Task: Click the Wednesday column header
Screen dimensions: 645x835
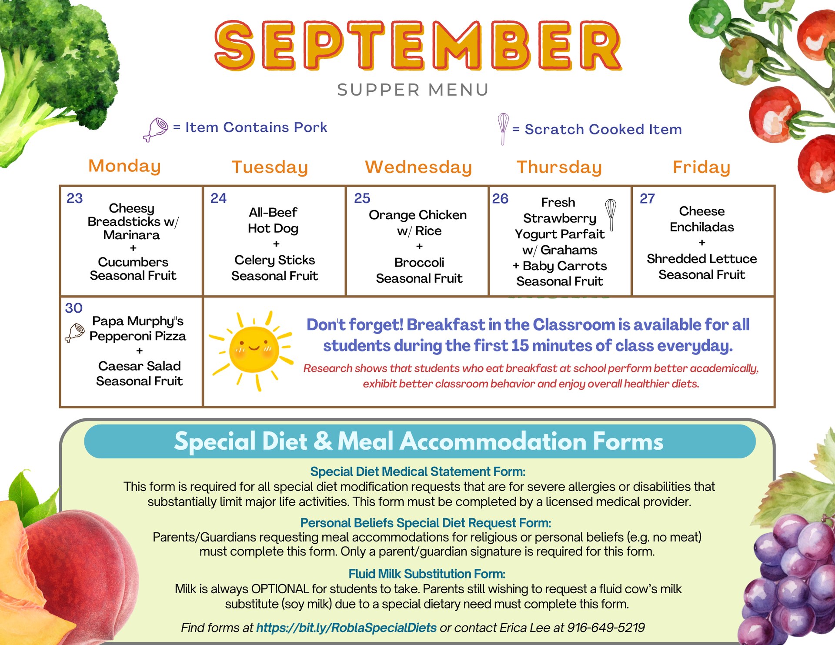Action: click(x=418, y=167)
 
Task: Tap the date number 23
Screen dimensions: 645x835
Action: click(x=75, y=198)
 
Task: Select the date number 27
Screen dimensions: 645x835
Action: click(x=647, y=199)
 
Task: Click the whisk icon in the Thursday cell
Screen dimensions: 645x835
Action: click(x=611, y=214)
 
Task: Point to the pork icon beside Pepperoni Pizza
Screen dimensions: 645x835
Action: click(x=75, y=333)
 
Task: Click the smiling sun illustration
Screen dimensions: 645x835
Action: click(x=253, y=350)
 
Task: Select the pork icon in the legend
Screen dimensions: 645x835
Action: click(x=156, y=129)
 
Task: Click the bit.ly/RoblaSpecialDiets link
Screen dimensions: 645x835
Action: click(x=346, y=628)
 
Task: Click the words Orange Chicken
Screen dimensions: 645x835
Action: click(x=417, y=215)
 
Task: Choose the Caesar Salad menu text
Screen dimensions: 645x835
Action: click(x=139, y=366)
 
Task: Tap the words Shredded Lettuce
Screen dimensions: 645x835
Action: click(x=701, y=259)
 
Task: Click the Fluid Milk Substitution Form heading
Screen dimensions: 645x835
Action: click(x=427, y=574)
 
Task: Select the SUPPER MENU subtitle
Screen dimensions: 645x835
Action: click(x=413, y=90)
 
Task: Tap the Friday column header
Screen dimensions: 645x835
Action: click(x=701, y=167)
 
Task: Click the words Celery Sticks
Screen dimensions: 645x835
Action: click(x=274, y=260)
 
